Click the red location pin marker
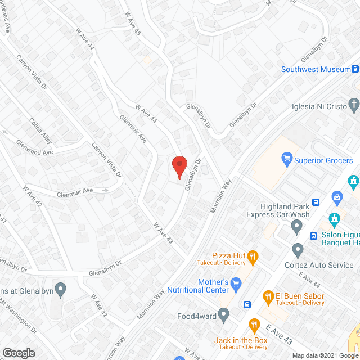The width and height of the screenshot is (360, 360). (x=179, y=167)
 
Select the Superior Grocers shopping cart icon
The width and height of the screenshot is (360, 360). (x=287, y=160)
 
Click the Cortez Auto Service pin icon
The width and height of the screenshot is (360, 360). (x=298, y=249)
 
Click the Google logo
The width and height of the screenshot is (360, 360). (x=19, y=353)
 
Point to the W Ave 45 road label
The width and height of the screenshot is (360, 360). (x=133, y=24)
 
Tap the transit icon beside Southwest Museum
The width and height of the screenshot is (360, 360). (x=355, y=70)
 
